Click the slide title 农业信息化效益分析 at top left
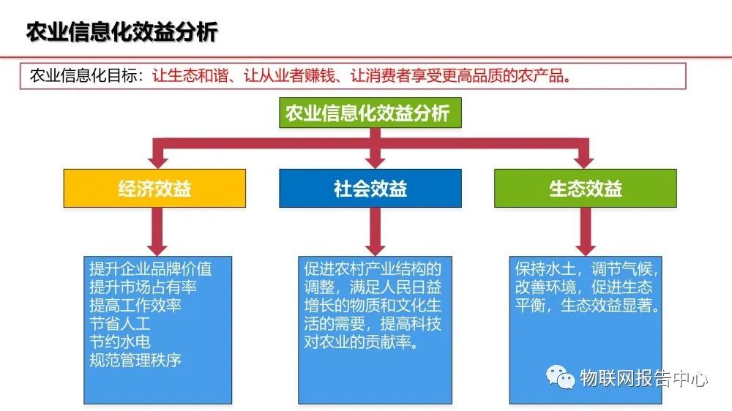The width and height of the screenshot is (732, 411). [122, 33]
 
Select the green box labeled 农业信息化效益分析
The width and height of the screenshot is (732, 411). [367, 113]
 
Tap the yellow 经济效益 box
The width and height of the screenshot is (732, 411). [154, 189]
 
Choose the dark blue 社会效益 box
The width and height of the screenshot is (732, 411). [370, 189]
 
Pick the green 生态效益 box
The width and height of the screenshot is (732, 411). [586, 189]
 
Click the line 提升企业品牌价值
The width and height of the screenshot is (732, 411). [150, 268]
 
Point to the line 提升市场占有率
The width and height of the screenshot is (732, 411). [143, 287]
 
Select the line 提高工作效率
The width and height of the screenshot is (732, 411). [135, 305]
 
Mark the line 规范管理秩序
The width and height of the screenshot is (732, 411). [135, 360]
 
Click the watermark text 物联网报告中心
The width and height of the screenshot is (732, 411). [644, 378]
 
